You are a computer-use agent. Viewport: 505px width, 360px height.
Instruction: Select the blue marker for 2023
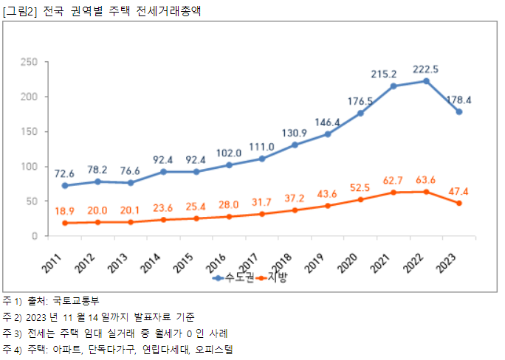[459, 112]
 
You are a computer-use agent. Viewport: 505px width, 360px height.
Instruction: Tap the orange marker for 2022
[426, 192]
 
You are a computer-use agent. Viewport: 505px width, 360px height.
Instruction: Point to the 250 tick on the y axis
[30, 62]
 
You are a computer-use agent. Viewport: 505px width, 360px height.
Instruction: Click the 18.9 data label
[65, 210]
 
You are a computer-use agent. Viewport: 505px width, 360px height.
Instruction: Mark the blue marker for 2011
[65, 186]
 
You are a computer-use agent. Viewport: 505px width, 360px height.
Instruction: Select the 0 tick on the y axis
[35, 237]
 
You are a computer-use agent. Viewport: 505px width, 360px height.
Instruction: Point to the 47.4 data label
[458, 191]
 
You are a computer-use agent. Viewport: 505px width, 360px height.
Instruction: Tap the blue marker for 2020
[360, 114]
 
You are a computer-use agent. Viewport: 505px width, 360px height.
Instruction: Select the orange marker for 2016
[229, 217]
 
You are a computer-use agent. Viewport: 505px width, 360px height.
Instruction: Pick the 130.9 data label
[295, 132]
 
